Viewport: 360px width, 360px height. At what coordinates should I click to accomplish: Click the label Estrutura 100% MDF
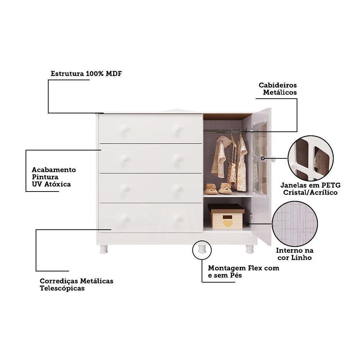(86, 74)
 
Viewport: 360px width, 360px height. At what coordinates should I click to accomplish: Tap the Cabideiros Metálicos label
(278, 89)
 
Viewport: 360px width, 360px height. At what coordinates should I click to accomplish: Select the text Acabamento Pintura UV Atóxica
(54, 177)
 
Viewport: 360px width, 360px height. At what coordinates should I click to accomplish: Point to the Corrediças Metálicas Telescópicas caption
(76, 284)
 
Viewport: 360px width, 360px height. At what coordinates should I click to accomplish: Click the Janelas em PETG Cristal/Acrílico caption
(310, 189)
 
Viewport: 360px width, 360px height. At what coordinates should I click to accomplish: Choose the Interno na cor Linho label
(294, 254)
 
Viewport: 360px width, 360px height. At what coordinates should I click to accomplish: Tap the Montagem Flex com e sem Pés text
(243, 272)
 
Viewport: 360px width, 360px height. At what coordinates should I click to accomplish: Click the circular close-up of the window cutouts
(310, 158)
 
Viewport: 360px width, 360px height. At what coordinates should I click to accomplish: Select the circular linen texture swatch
(294, 224)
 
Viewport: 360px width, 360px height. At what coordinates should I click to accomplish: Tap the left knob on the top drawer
(124, 129)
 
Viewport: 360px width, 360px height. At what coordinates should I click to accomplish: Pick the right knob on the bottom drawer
(177, 218)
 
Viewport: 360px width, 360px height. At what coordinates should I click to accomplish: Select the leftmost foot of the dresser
(104, 249)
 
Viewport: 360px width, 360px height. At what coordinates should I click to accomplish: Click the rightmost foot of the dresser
(249, 249)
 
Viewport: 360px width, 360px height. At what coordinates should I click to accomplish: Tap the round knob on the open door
(273, 159)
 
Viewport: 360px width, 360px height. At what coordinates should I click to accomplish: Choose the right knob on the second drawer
(177, 158)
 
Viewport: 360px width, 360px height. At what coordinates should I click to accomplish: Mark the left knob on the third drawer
(124, 188)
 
